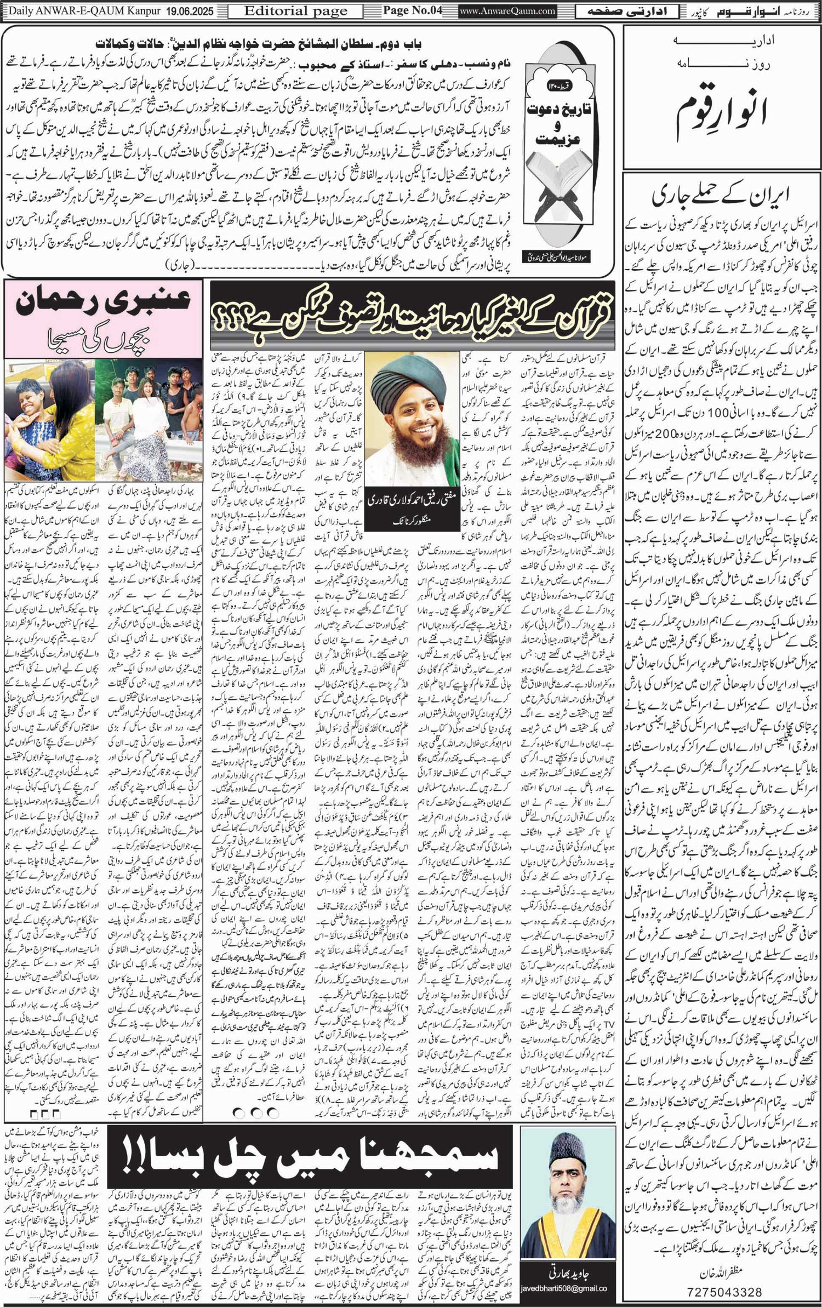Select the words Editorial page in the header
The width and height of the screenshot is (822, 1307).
point(295,10)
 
